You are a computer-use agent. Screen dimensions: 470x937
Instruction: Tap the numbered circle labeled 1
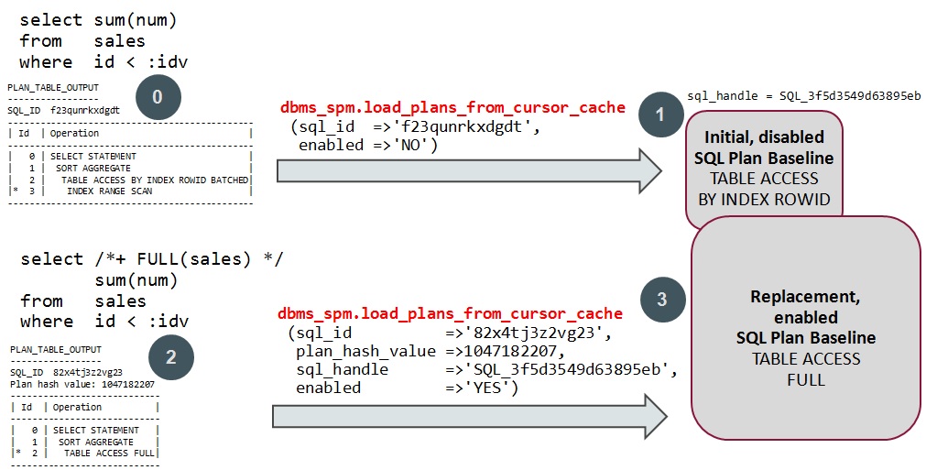(x=661, y=114)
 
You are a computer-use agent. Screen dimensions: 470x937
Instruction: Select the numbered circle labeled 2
(x=170, y=358)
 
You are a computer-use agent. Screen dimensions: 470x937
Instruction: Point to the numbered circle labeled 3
(x=661, y=299)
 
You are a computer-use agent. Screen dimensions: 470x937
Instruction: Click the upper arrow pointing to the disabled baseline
(x=468, y=170)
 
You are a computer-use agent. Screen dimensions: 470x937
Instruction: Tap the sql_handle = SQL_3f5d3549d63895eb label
(x=803, y=95)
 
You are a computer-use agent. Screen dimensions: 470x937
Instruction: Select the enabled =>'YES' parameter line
(x=407, y=388)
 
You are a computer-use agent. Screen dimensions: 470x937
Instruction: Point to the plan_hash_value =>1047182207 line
(x=413, y=351)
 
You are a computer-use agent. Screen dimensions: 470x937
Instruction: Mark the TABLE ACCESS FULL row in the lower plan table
(x=109, y=453)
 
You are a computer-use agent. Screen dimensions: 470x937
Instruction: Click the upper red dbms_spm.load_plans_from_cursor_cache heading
(x=452, y=107)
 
